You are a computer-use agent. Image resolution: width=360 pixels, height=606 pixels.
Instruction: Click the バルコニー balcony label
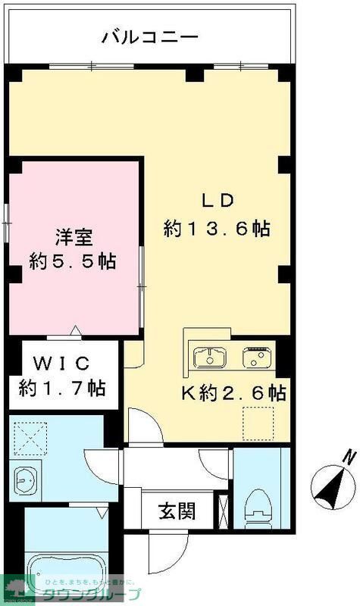click(150, 36)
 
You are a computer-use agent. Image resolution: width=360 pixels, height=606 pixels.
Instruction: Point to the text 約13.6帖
click(218, 229)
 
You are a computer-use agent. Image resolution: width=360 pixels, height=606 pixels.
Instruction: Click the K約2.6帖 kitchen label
click(232, 394)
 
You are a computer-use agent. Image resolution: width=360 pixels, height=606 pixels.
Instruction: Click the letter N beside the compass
click(348, 457)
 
